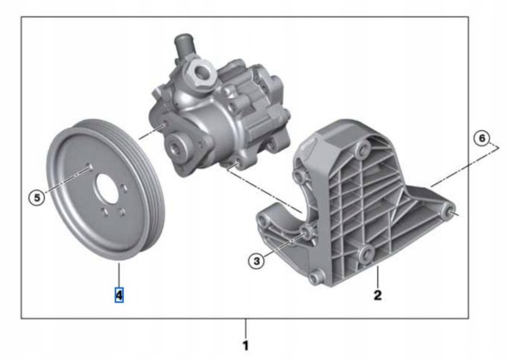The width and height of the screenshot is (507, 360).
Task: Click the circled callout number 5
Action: coord(36,197)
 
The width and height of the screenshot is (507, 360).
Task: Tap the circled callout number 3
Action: coord(256,261)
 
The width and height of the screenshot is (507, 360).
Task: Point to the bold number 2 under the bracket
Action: coord(376,296)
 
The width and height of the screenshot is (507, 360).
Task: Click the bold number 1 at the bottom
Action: coord(245,344)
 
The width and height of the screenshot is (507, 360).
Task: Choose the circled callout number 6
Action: coord(482,139)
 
